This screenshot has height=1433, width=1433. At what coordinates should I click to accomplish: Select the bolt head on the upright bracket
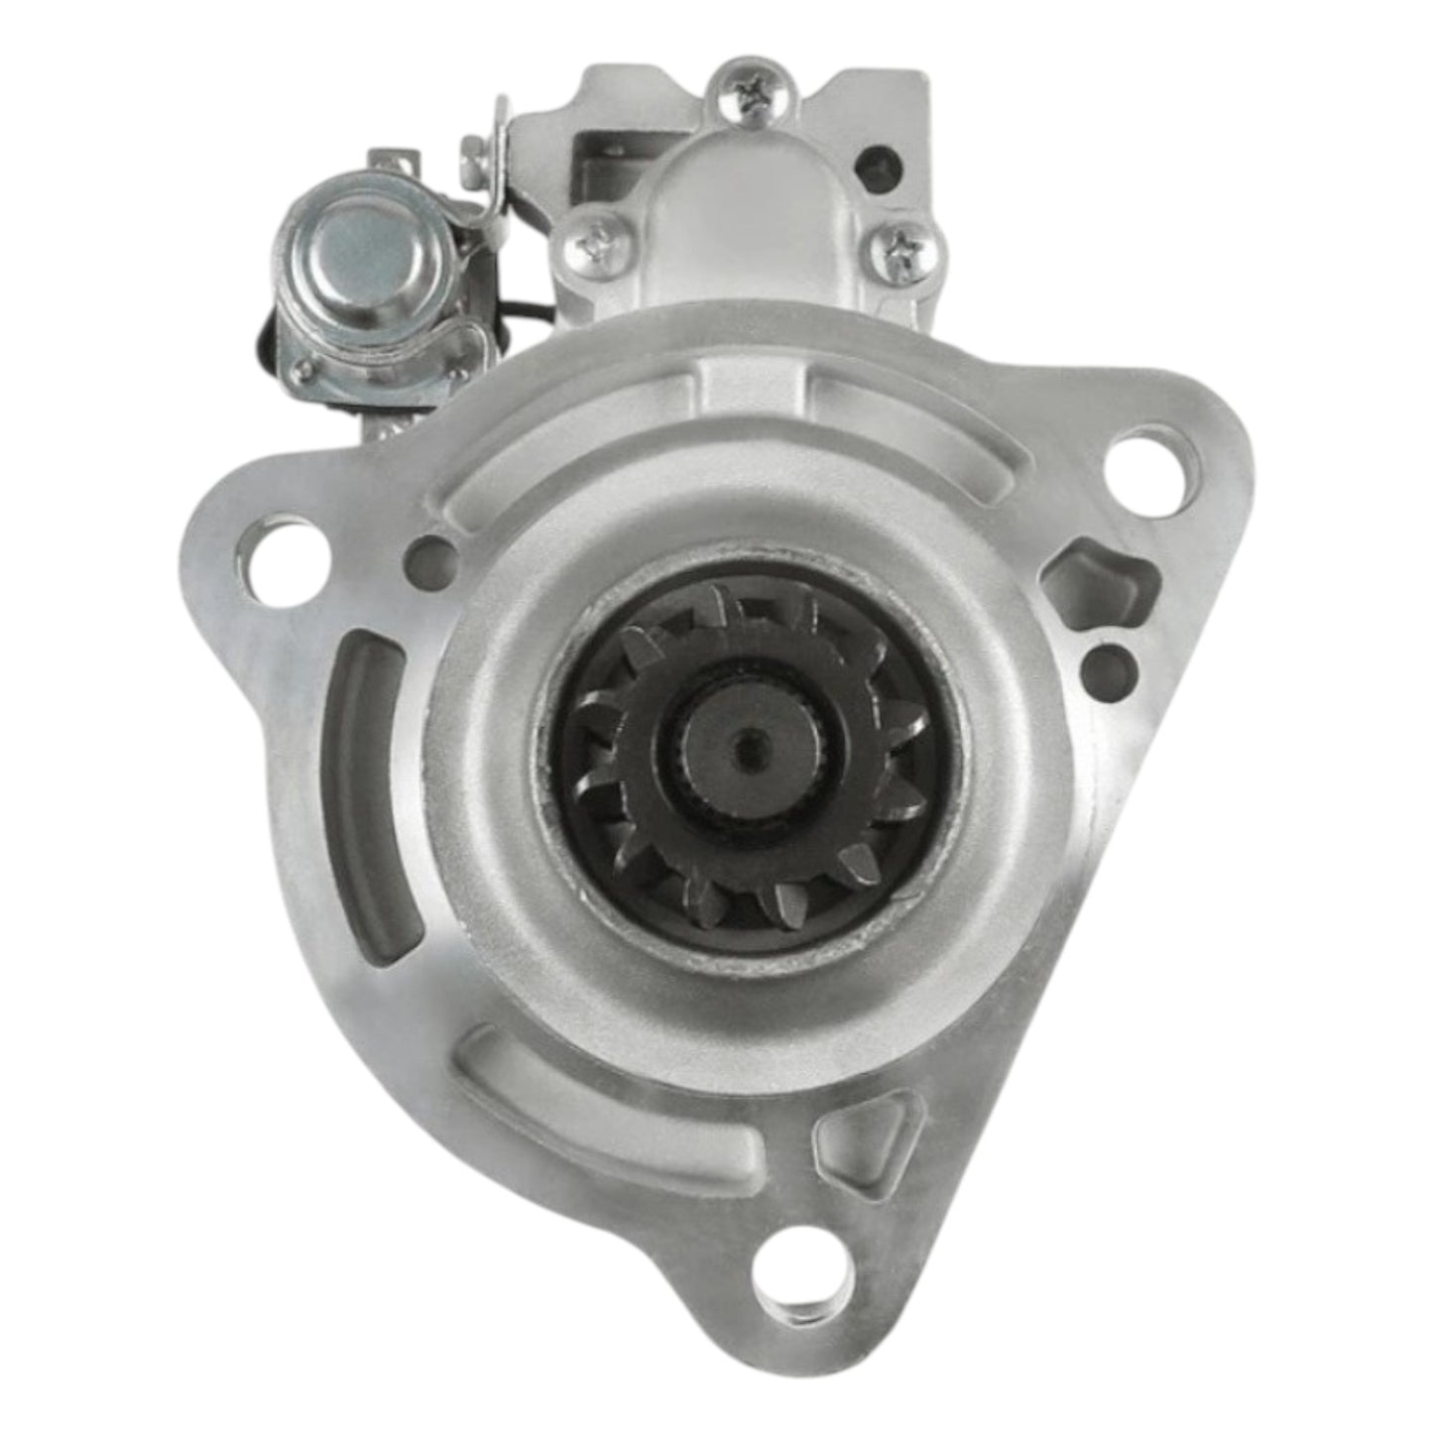(x=474, y=152)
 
